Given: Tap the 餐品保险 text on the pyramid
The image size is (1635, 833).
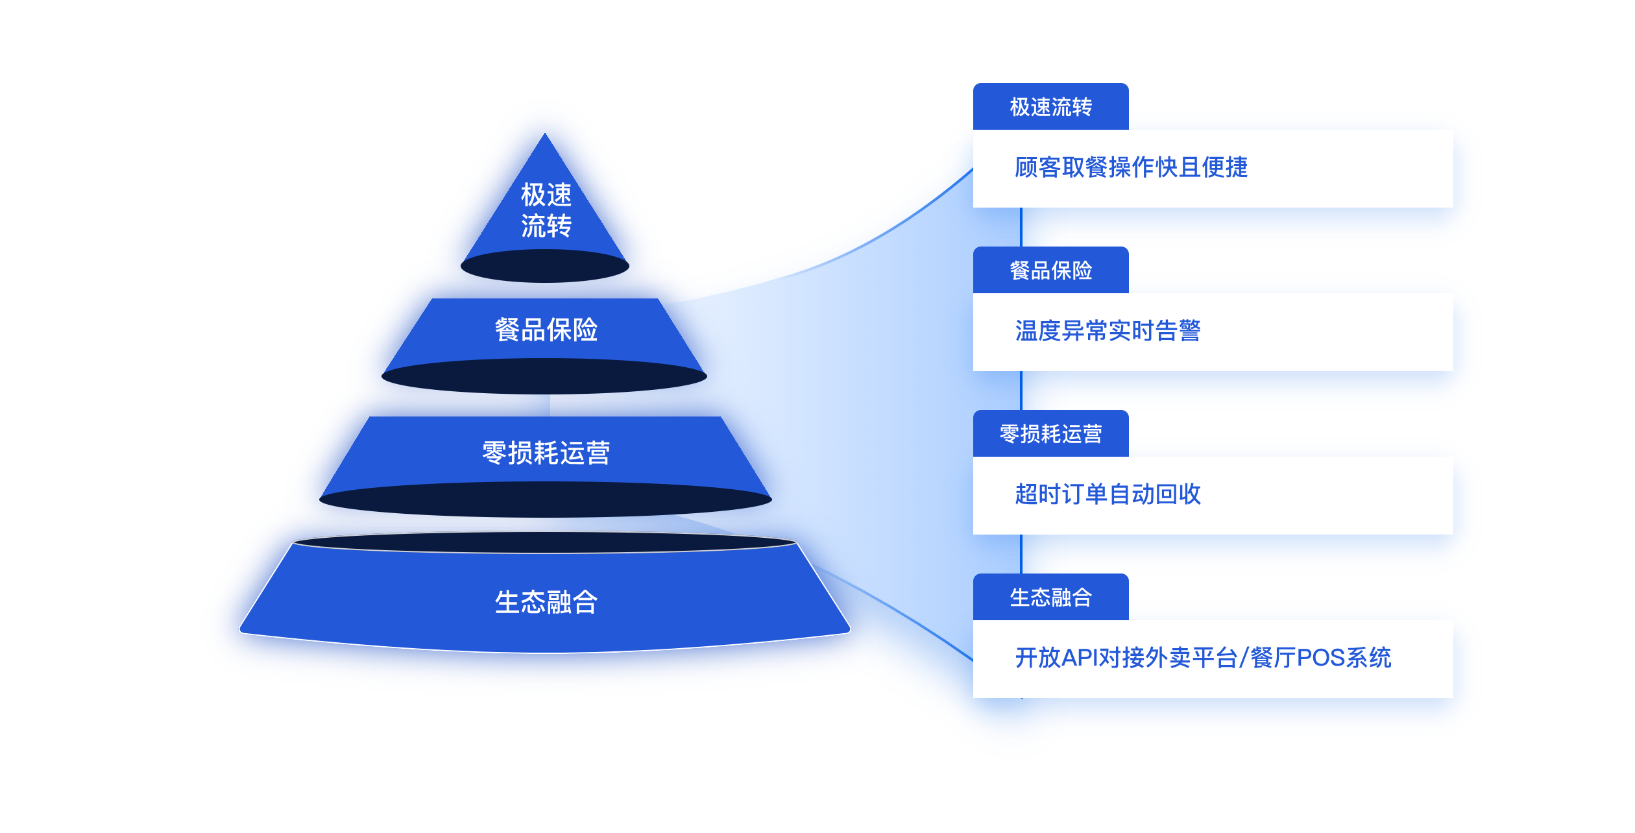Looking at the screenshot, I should [x=546, y=330].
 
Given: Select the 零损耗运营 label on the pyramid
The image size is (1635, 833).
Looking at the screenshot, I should [x=546, y=453].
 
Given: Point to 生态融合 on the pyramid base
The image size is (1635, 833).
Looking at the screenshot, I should [x=546, y=602].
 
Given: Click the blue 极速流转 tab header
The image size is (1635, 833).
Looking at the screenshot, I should [x=1050, y=107].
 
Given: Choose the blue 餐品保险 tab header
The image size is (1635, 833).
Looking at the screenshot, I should [x=1050, y=271].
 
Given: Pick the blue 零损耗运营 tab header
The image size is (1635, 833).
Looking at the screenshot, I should [x=1050, y=434].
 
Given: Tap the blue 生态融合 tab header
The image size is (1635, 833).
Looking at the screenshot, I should [x=1050, y=598].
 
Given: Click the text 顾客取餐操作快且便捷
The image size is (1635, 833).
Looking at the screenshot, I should [x=1131, y=167].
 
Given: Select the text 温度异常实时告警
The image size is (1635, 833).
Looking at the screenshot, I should [x=1108, y=331].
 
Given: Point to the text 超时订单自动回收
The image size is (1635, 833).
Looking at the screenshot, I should [x=1108, y=494].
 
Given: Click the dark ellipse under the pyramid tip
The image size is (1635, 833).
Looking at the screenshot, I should [x=545, y=267].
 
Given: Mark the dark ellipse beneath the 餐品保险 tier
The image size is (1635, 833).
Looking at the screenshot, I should [x=544, y=376].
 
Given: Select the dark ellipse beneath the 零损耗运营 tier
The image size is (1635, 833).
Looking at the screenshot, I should [x=546, y=500].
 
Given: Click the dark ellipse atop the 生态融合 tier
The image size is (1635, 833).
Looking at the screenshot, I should [x=545, y=542].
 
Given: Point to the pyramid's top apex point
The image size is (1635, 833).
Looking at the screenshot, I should [x=545, y=135].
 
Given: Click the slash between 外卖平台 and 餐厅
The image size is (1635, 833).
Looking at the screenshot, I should [x=1243, y=658].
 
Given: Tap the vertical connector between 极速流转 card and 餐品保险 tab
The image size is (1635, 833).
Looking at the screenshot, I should [x=1021, y=227].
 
